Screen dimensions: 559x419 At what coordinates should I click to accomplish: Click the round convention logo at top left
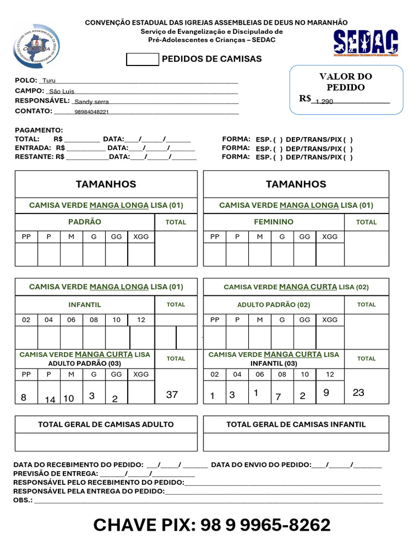click(x=37, y=46)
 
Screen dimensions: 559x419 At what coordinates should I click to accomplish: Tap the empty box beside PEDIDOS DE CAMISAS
click(x=142, y=60)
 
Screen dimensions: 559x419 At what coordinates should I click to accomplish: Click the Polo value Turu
click(x=49, y=80)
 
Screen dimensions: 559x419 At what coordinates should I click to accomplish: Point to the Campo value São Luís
click(x=62, y=91)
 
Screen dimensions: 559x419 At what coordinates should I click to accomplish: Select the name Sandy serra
click(x=92, y=102)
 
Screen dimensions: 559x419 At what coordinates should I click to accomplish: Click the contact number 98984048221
click(x=92, y=112)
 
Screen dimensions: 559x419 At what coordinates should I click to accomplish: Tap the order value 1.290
click(x=324, y=102)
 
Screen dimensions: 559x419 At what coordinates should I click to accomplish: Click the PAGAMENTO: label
click(x=39, y=130)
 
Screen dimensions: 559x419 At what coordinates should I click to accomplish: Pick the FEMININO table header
click(x=273, y=222)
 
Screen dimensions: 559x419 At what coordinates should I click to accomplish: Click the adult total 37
click(x=172, y=394)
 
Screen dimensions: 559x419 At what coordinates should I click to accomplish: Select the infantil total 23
click(x=358, y=393)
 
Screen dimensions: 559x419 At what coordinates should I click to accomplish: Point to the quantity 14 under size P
click(x=50, y=400)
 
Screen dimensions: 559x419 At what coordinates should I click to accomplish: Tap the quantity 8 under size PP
click(x=23, y=398)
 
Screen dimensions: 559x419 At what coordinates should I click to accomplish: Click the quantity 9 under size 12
click(x=326, y=393)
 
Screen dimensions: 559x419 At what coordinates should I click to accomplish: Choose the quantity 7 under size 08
click(x=278, y=397)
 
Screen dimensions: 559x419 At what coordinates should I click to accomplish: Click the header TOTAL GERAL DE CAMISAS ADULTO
click(x=106, y=424)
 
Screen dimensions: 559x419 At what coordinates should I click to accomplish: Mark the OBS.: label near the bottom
click(x=23, y=499)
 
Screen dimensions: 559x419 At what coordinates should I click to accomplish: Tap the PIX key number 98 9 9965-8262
click(x=266, y=525)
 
